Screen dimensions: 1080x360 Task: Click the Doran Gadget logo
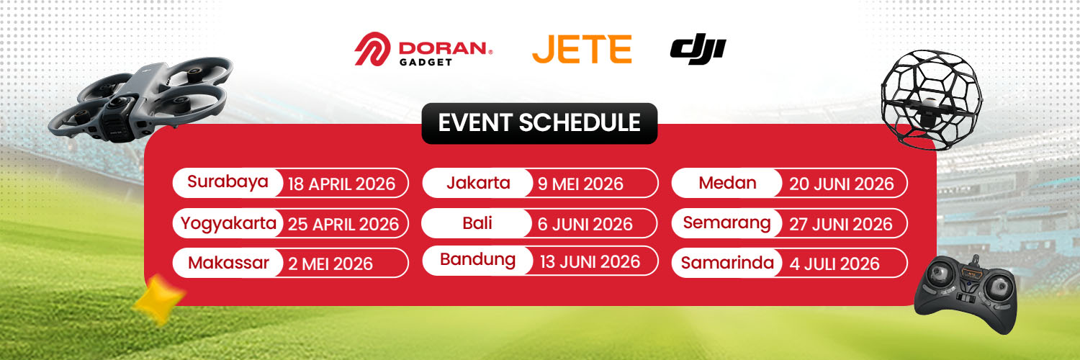click(x=424, y=49)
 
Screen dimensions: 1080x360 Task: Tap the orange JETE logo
click(x=582, y=49)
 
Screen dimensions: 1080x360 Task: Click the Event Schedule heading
click(x=539, y=123)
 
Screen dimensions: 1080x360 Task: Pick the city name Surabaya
click(x=228, y=181)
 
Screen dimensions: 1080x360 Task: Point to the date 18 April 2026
click(x=341, y=184)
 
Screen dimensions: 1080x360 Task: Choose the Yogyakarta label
click(x=228, y=223)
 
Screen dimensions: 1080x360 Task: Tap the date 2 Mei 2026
click(x=330, y=264)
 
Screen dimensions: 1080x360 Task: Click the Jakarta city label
click(x=478, y=183)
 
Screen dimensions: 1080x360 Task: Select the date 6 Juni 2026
click(x=585, y=224)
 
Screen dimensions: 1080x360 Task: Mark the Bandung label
click(x=477, y=260)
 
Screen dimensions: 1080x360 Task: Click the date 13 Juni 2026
click(x=590, y=261)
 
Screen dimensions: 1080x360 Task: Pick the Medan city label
click(x=727, y=183)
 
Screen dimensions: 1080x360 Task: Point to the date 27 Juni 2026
click(x=841, y=224)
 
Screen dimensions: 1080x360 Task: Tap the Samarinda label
click(x=727, y=263)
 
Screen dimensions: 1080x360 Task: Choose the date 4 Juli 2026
click(x=834, y=264)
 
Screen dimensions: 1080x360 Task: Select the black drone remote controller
click(x=967, y=294)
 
